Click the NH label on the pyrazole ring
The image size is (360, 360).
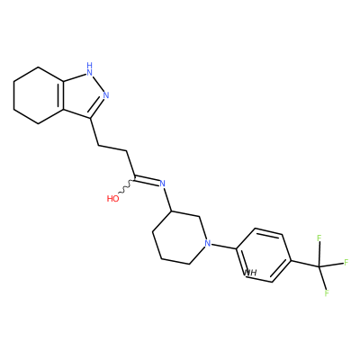coord(89,68)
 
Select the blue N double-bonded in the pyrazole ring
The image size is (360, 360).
coord(105,95)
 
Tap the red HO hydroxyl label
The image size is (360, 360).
coord(112,199)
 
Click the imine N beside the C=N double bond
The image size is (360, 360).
coord(162,184)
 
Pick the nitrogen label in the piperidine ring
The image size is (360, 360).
coord(207,243)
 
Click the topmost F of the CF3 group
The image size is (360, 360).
coord(319,238)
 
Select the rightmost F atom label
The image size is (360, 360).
coord(346,263)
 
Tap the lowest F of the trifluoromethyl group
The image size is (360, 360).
coord(327,292)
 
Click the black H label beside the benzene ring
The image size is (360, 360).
coord(251,273)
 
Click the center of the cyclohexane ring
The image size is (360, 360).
coord(39,95)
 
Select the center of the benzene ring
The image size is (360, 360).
coord(264,256)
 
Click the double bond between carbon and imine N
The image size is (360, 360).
coord(148,179)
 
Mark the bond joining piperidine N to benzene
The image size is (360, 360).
coord(223,247)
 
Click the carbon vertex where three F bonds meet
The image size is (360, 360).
coord(319,266)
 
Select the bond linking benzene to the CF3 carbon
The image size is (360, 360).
coord(305,263)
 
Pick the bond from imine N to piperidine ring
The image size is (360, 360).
coord(167,200)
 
